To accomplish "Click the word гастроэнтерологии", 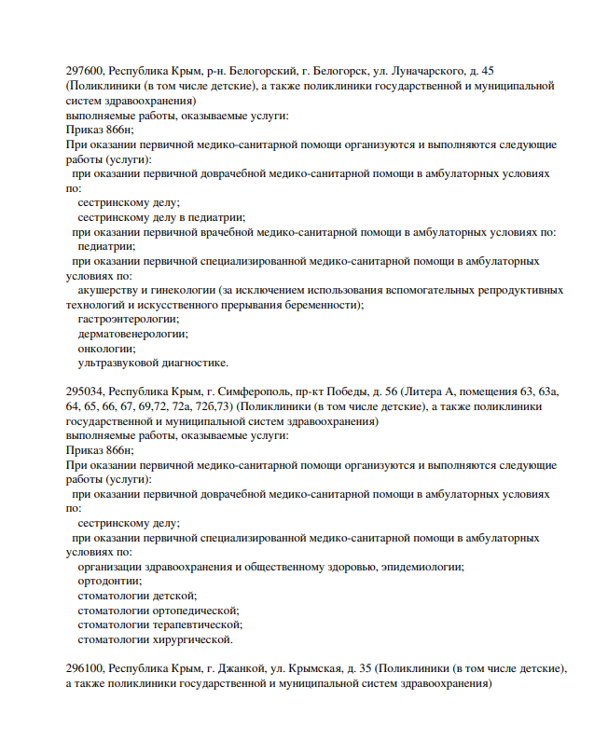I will [128, 319].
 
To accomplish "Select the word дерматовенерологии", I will [132, 334].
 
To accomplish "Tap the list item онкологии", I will [106, 349].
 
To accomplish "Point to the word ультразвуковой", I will [118, 363].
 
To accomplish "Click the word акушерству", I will [110, 290].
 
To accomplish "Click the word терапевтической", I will [198, 625].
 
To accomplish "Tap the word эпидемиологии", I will [419, 567].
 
